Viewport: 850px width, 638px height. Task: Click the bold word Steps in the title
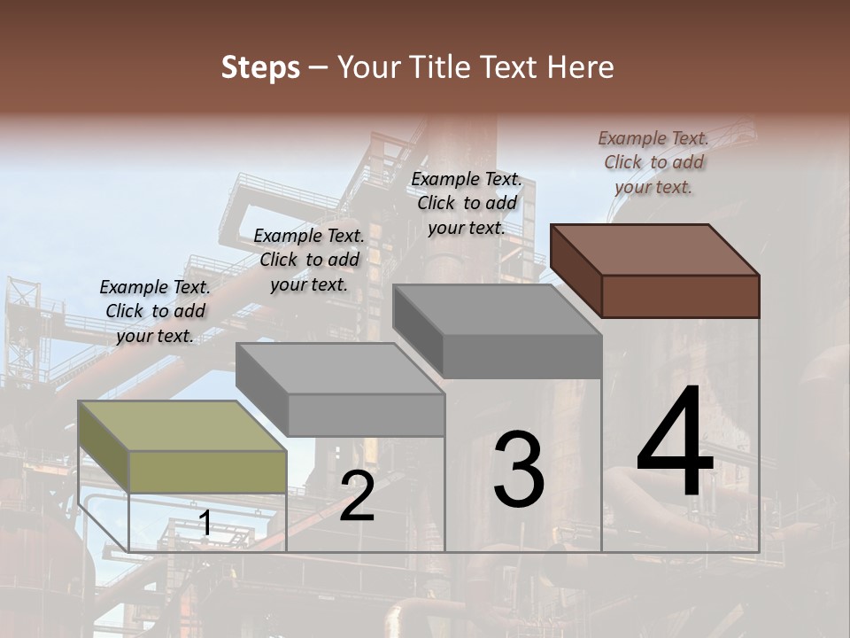(260, 67)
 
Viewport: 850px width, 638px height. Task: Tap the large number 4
(675, 443)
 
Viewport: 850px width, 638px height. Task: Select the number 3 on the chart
(519, 470)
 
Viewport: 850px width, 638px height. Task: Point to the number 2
(357, 497)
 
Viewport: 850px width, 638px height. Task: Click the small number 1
(205, 524)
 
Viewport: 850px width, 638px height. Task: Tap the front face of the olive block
(207, 471)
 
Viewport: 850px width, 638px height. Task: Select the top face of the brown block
(655, 249)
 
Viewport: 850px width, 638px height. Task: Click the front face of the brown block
(680, 296)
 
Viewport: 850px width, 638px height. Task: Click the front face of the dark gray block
(522, 356)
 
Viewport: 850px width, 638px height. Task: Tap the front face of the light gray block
(366, 415)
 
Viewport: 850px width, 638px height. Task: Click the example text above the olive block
(155, 312)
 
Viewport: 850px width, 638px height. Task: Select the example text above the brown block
(653, 163)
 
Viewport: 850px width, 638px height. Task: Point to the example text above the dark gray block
(467, 203)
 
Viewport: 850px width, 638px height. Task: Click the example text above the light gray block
(309, 261)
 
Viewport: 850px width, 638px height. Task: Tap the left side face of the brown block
(576, 269)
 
